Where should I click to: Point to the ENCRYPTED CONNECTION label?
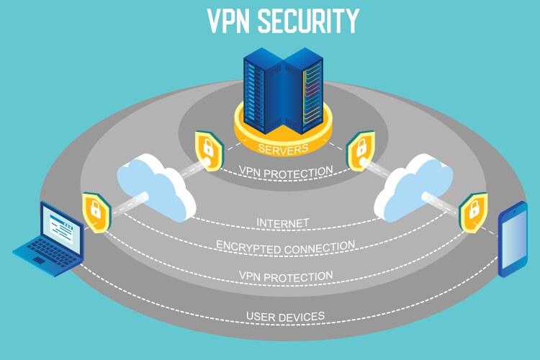285,246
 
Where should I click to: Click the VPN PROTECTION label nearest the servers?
286,171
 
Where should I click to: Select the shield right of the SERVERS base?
358,150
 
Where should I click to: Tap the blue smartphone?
513,240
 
